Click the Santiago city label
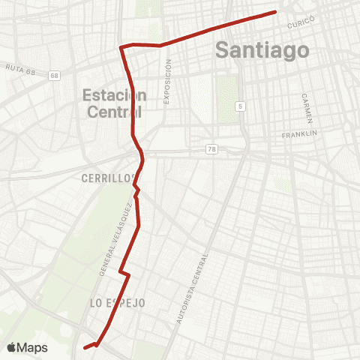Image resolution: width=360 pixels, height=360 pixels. pyautogui.click(x=262, y=51)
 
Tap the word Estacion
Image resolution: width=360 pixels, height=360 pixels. pyautogui.click(x=115, y=95)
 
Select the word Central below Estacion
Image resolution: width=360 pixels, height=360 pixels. pyautogui.click(x=112, y=112)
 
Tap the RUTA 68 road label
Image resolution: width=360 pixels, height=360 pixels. pyautogui.click(x=21, y=67)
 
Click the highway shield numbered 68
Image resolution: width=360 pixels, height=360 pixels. pyautogui.click(x=55, y=76)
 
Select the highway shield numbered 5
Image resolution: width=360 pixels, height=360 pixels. pyautogui.click(x=239, y=106)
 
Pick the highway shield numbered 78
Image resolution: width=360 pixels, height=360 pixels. pyautogui.click(x=213, y=150)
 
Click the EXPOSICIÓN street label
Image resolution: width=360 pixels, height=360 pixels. pyautogui.click(x=168, y=85)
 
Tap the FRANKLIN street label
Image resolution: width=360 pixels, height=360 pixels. pyautogui.click(x=300, y=134)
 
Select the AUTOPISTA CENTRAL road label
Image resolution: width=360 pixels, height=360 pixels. pyautogui.click(x=192, y=287)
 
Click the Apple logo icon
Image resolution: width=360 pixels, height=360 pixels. pyautogui.click(x=11, y=347)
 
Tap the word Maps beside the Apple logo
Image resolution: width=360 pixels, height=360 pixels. pyautogui.click(x=32, y=347)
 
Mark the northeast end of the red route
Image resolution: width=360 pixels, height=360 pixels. pyautogui.click(x=276, y=11)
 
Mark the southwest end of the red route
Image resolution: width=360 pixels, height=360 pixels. pyautogui.click(x=84, y=347)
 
